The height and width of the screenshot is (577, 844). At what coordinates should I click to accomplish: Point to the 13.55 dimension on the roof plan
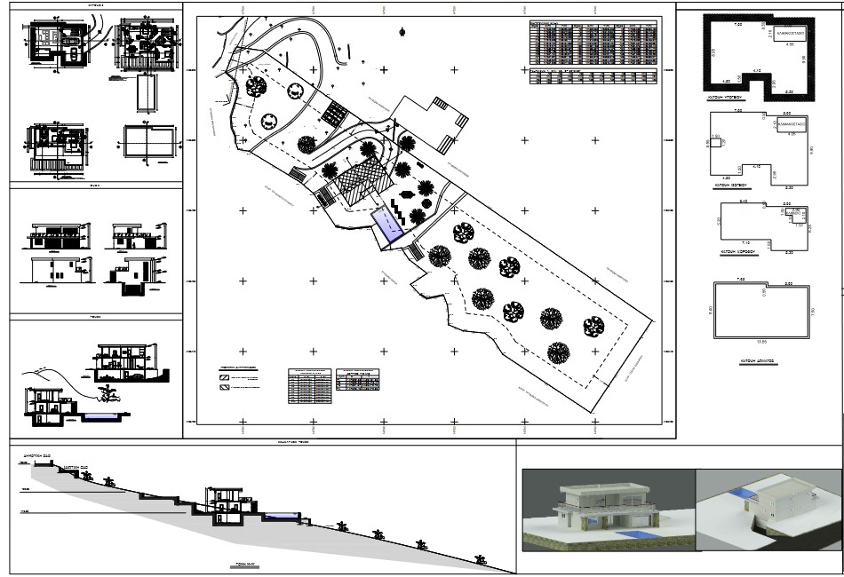click(761, 342)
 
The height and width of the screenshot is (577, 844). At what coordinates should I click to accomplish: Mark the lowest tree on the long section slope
click(482, 558)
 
